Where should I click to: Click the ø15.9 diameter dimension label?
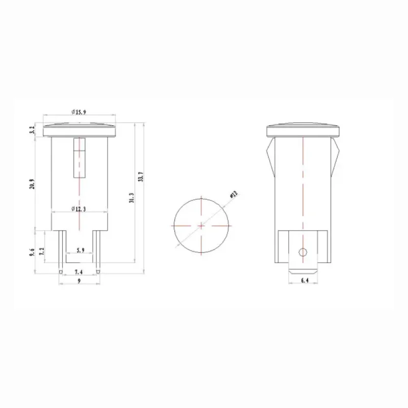click(x=80, y=111)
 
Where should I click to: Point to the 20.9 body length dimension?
click(x=32, y=184)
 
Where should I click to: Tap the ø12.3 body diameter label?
click(x=80, y=208)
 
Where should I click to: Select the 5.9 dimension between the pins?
click(x=80, y=250)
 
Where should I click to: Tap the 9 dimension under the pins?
click(x=80, y=280)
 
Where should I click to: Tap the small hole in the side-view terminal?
click(x=302, y=251)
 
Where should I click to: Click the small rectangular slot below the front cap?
click(x=79, y=158)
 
